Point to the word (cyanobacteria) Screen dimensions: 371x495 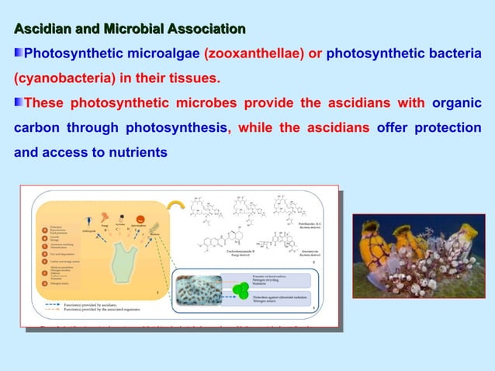(x=57, y=78)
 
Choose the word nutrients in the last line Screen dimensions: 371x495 (x=134, y=152)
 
